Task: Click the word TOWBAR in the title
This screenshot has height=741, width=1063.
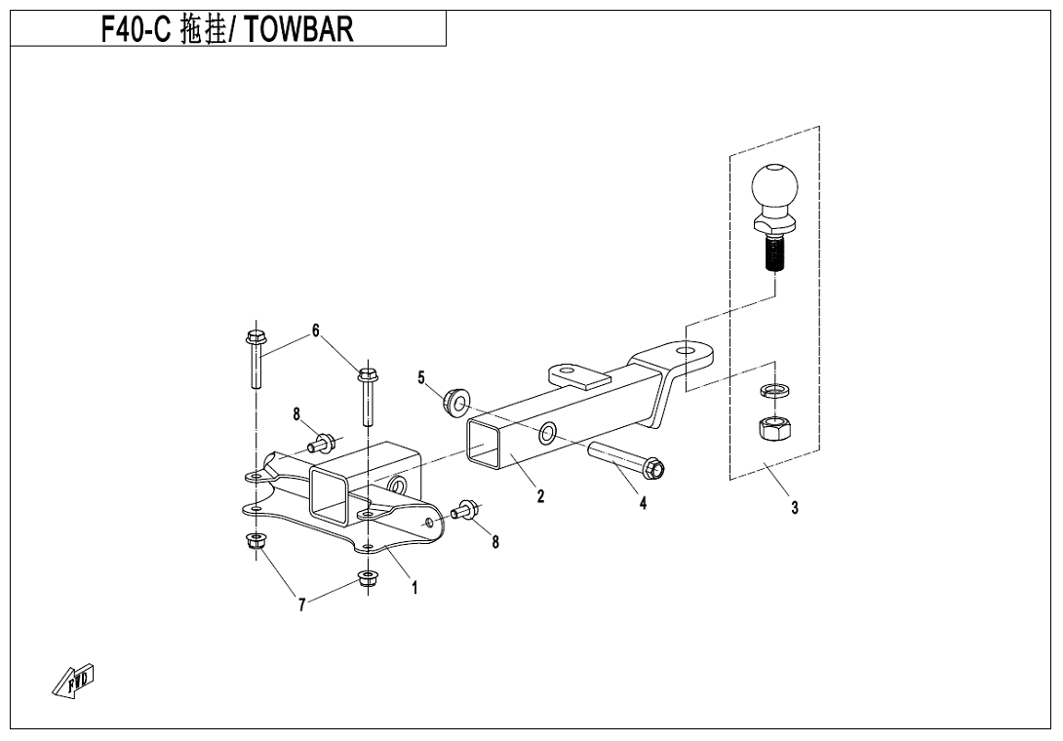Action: pos(298,30)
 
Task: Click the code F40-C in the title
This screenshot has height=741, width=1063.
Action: pos(137,30)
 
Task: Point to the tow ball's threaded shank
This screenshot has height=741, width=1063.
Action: pos(774,256)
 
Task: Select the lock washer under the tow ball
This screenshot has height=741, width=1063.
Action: pos(773,391)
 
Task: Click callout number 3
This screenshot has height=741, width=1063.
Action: pos(795,507)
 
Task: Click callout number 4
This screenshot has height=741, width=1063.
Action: pos(643,503)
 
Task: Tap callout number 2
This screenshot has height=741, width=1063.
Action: pos(540,496)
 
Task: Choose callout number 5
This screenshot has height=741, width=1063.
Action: pos(421,377)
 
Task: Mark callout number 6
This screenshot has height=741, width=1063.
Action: pos(315,331)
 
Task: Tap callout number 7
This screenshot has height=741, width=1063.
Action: pos(302,605)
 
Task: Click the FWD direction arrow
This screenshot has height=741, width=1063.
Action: pos(74,682)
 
